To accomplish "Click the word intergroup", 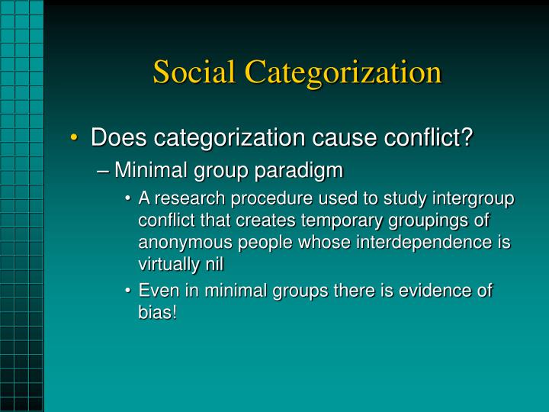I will pyautogui.click(x=475, y=200).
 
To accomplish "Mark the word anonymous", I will pyautogui.click(x=183, y=242).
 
